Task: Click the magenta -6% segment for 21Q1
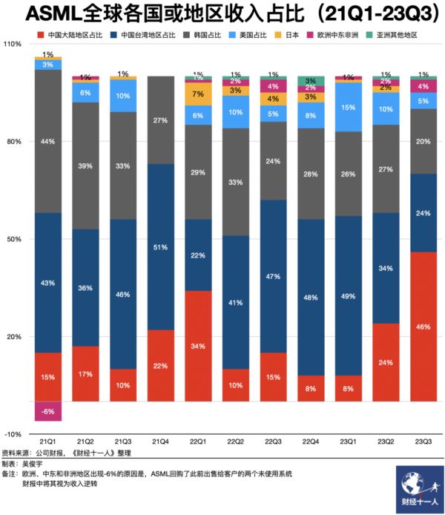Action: (x=48, y=410)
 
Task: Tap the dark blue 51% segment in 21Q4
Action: (x=162, y=246)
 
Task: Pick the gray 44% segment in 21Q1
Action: (x=48, y=141)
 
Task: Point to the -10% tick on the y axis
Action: (x=12, y=434)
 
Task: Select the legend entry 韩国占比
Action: (x=204, y=35)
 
